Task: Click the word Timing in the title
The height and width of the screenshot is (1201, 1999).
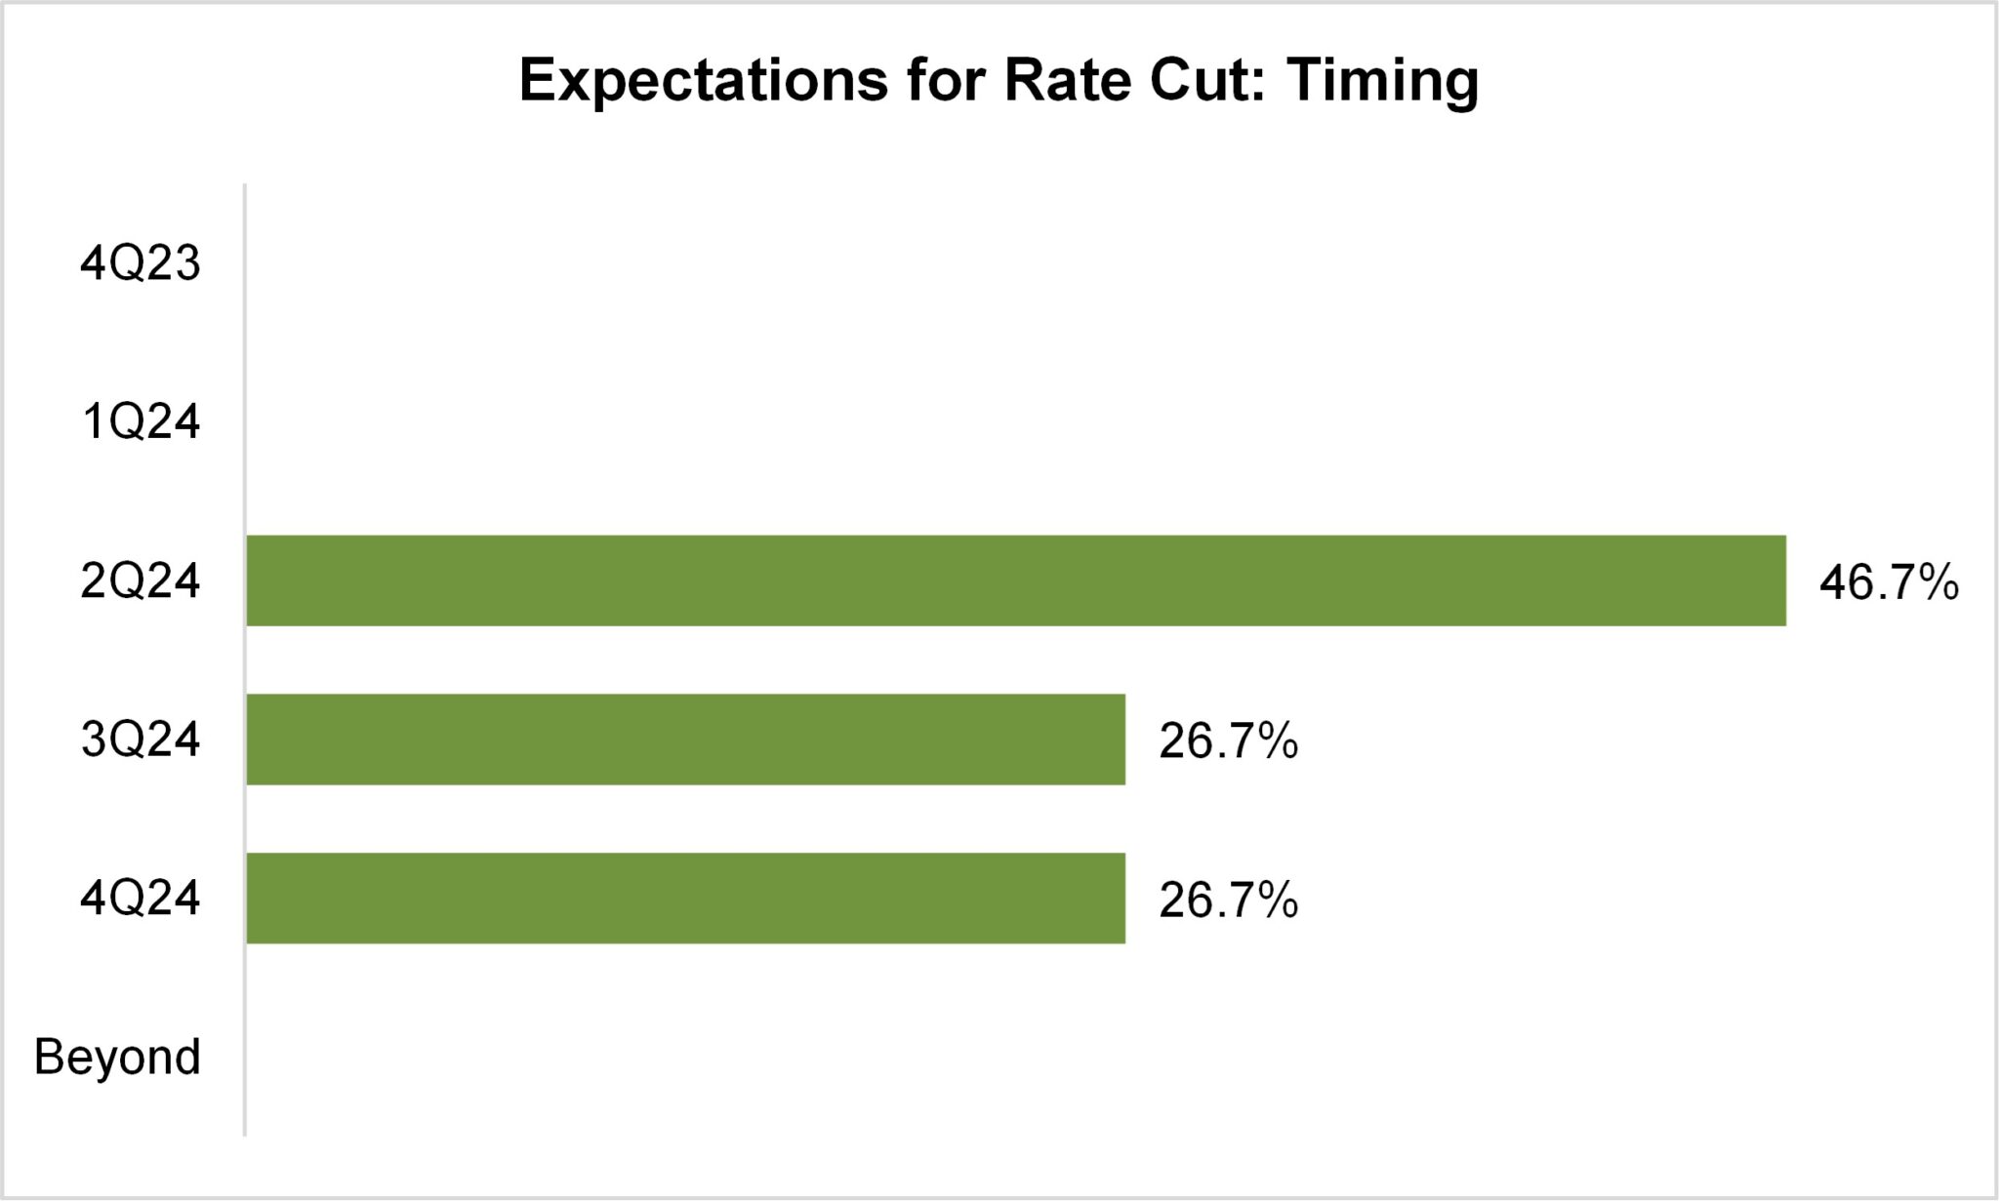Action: pyautogui.click(x=1382, y=81)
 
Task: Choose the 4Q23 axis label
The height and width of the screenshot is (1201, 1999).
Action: pyautogui.click(x=141, y=263)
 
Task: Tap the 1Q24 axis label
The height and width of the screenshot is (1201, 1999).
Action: pyautogui.click(x=141, y=422)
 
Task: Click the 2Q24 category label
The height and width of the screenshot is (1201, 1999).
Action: pyautogui.click(x=141, y=581)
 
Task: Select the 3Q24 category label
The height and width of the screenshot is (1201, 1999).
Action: pyautogui.click(x=141, y=740)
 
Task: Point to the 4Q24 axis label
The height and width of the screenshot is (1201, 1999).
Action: pyautogui.click(x=141, y=898)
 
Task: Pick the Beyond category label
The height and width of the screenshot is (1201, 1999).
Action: pyautogui.click(x=117, y=1057)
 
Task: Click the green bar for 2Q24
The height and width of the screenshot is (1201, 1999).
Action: pyautogui.click(x=1015, y=580)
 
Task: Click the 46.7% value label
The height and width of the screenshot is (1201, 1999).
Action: pyautogui.click(x=1889, y=582)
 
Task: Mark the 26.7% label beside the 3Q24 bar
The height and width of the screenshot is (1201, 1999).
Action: pyautogui.click(x=1228, y=741)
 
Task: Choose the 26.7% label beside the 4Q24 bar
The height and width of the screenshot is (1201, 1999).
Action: pyautogui.click(x=1228, y=900)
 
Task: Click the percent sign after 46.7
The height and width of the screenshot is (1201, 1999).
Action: pyautogui.click(x=1937, y=582)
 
